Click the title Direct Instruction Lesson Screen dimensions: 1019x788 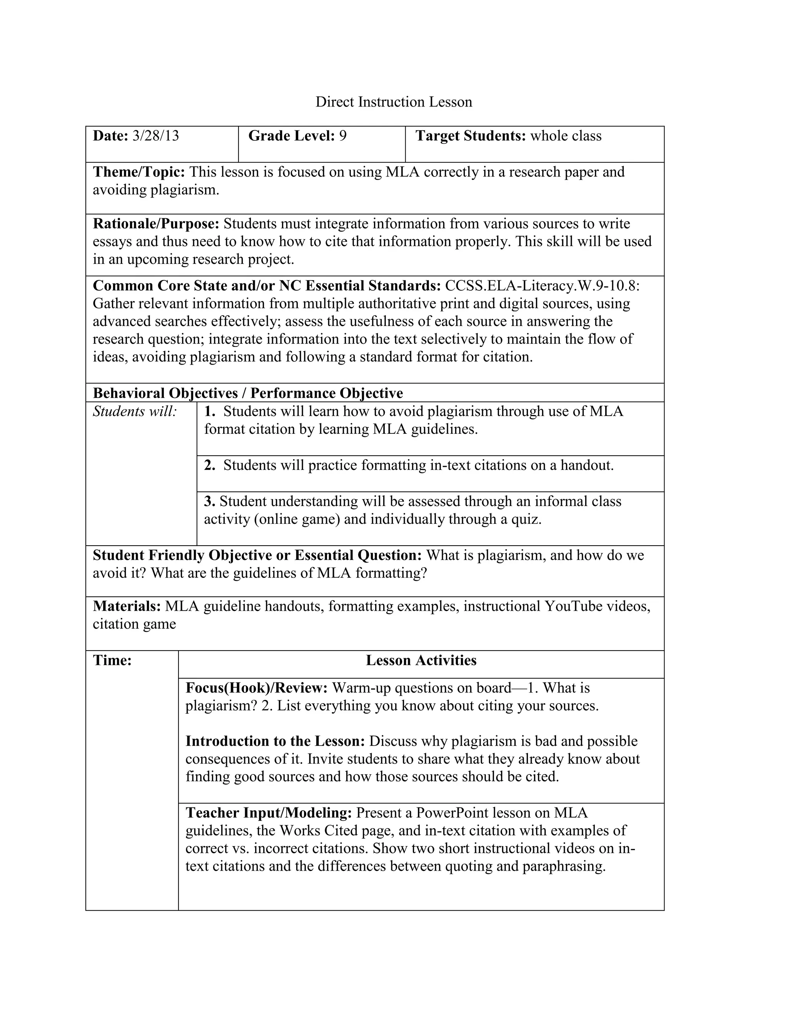point(394,102)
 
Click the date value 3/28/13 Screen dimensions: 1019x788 point(155,136)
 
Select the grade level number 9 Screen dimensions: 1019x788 point(343,136)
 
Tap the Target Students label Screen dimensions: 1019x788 point(471,136)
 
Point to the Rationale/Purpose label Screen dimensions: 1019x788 point(156,224)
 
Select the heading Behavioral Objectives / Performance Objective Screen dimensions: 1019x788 point(247,393)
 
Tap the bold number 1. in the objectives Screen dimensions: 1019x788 point(210,411)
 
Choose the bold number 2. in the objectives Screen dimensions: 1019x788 point(210,465)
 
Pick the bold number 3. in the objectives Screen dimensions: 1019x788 point(210,501)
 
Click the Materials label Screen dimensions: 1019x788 point(127,606)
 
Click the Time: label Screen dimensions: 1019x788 point(112,661)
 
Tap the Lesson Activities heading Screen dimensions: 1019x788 point(421,661)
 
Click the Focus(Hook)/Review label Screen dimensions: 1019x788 point(257,688)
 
